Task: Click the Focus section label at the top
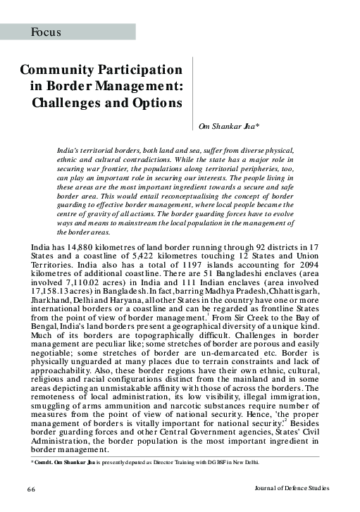point(46,32)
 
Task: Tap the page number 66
point(32,489)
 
